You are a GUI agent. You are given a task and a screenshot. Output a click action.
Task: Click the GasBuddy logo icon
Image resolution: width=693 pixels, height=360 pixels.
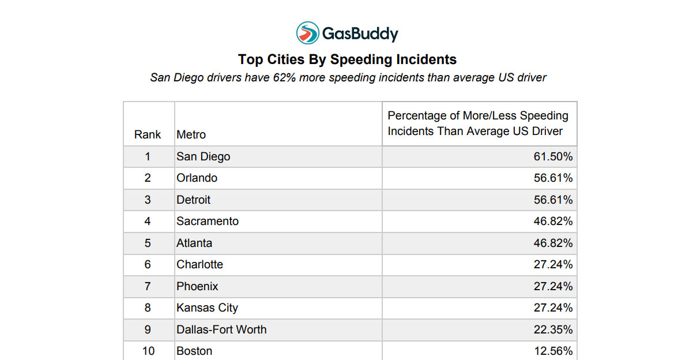click(x=308, y=33)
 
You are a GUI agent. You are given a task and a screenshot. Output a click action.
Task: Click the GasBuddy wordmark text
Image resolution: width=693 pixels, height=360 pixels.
click(x=360, y=34)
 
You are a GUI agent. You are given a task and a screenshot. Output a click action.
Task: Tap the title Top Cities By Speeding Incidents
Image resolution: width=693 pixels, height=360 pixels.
click(x=347, y=59)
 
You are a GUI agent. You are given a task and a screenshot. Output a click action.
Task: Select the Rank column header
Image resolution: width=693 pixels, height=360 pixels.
click(x=148, y=134)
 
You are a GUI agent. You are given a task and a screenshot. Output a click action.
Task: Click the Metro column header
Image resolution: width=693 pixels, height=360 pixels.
click(x=191, y=134)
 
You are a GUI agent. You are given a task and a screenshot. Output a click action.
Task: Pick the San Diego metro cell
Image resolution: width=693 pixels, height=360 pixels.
click(x=203, y=156)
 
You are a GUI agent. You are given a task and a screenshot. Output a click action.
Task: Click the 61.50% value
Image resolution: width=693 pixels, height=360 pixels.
click(x=553, y=156)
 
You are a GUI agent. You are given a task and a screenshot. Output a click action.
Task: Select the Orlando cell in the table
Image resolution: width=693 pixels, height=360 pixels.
click(x=197, y=178)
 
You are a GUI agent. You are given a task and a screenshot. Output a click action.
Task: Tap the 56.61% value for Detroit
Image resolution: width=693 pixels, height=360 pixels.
click(x=553, y=200)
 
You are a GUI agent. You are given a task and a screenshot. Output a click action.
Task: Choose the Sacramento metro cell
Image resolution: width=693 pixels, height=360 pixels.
click(x=207, y=222)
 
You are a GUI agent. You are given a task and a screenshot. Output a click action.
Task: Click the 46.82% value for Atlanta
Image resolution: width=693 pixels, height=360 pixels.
click(x=553, y=243)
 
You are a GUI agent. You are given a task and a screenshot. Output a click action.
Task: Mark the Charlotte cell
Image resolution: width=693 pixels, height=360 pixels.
click(x=199, y=265)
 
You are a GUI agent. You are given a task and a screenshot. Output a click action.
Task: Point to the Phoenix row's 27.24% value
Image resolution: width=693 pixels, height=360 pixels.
click(x=553, y=286)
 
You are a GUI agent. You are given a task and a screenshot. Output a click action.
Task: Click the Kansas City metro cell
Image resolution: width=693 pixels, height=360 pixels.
click(x=207, y=308)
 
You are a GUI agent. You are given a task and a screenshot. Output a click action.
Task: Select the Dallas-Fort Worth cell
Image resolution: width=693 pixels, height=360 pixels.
click(x=221, y=329)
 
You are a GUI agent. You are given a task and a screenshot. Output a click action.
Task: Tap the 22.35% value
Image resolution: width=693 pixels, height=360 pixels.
click(x=553, y=329)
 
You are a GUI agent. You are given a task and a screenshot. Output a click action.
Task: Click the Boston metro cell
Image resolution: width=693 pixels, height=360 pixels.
click(x=194, y=351)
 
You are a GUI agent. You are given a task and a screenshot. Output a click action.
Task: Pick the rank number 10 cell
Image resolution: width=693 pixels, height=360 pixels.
click(x=148, y=351)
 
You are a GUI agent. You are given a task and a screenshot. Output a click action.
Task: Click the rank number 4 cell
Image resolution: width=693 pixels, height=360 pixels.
click(x=148, y=222)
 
